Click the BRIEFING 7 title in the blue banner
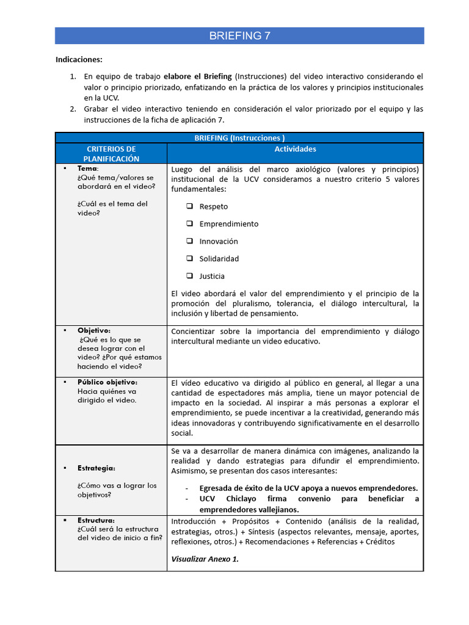[x=239, y=36]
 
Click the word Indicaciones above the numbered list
[x=79, y=59]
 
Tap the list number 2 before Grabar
[x=72, y=109]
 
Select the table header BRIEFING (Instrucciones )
[x=239, y=138]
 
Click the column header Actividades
[x=295, y=149]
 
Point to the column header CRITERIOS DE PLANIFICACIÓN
[x=111, y=154]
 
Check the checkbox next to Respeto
[x=190, y=206]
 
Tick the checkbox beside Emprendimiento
[x=190, y=223]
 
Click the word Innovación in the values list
[x=219, y=241]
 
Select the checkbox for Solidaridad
[x=190, y=258]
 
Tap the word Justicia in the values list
[x=212, y=276]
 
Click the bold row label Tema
[x=87, y=168]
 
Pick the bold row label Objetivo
[x=93, y=330]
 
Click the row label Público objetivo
[x=107, y=382]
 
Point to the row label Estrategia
[x=96, y=468]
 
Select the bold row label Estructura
[x=95, y=520]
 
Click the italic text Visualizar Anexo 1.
[x=205, y=558]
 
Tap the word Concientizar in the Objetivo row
[x=195, y=331]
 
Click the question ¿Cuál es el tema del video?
[x=112, y=208]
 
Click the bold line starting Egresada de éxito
[x=308, y=488]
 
